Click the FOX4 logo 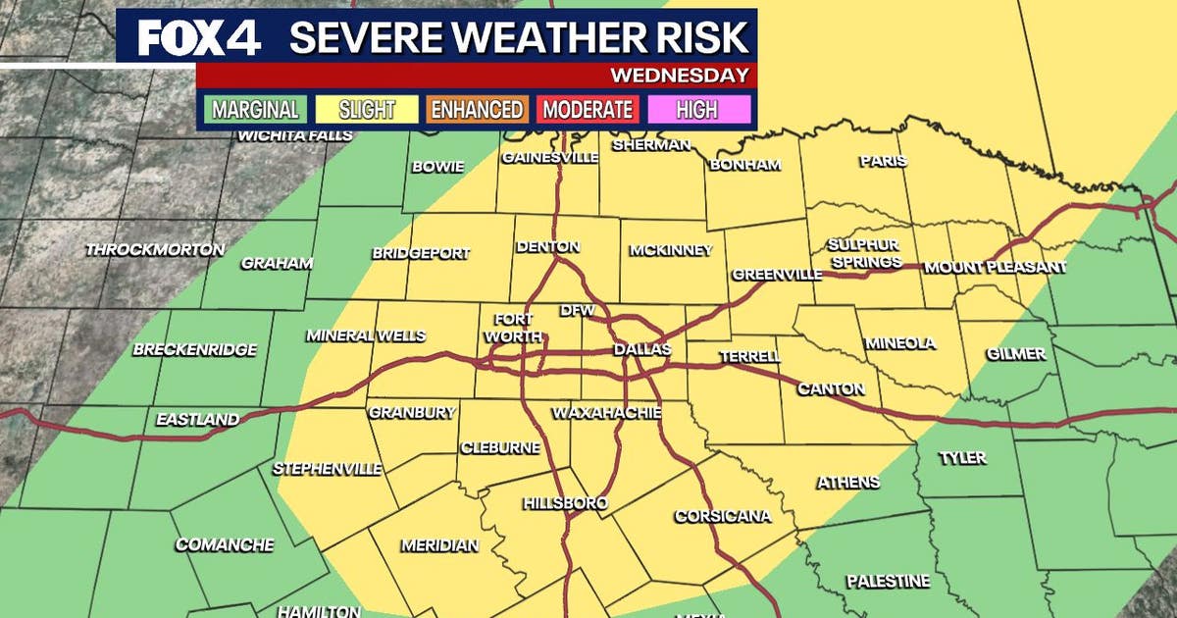pos(200,37)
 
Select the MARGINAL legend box pos(255,110)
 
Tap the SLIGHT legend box pos(366,110)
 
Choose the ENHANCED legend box pos(478,110)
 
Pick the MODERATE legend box pos(588,110)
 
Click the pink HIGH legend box pos(697,110)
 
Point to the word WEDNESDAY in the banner pos(680,76)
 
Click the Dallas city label pos(641,349)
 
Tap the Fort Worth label pos(514,328)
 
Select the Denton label pos(547,247)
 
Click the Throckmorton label pos(155,250)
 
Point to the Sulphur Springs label pos(863,253)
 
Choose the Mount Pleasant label pos(995,267)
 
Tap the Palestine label pos(888,581)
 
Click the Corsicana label pos(723,516)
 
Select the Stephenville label pos(328,469)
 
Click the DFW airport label pos(572,311)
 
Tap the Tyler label pos(962,458)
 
